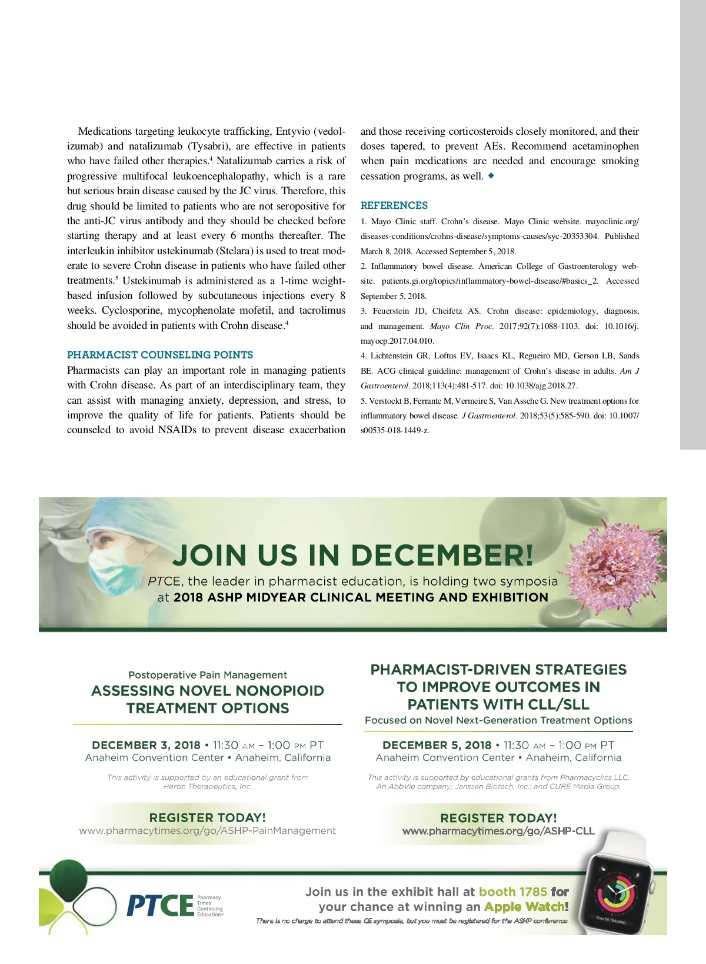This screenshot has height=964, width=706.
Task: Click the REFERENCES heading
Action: [394, 205]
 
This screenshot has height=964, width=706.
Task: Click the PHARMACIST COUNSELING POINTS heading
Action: [160, 355]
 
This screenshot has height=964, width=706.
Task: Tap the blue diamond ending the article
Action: [491, 175]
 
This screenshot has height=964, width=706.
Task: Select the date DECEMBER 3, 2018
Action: [146, 745]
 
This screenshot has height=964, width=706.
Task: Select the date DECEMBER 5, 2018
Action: [437, 745]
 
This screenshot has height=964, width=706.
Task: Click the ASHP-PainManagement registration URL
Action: [208, 830]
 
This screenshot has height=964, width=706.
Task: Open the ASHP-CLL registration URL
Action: [498, 831]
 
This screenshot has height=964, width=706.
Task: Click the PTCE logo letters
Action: [160, 905]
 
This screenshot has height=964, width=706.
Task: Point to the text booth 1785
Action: [513, 892]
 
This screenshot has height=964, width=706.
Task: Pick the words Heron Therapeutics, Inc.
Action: [208, 786]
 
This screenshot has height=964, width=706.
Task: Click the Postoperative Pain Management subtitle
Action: [208, 675]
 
